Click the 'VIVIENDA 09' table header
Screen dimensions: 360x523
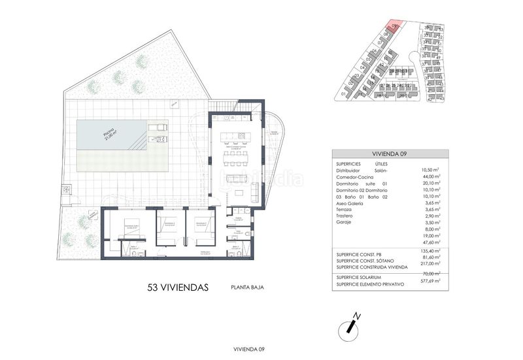tap(390, 154)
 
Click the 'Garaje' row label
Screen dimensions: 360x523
tap(346, 223)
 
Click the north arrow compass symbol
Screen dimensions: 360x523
tap(353, 325)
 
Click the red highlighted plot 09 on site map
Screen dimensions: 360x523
tap(392, 27)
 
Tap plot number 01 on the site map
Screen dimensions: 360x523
tap(343, 93)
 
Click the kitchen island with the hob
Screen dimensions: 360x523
tap(234, 137)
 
